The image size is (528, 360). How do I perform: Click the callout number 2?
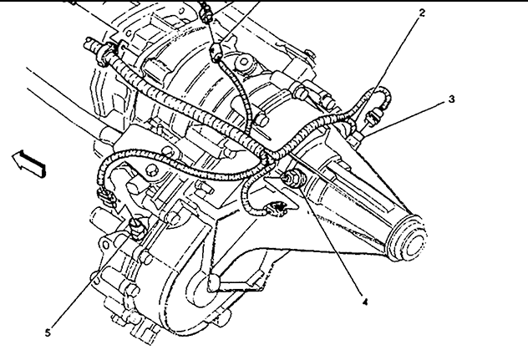(422, 13)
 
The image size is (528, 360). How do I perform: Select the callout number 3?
(451, 99)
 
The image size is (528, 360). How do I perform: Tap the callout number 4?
(365, 302)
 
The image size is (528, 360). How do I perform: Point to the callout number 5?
(48, 332)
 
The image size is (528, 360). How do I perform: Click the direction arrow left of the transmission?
(28, 164)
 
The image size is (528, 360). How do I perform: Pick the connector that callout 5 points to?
(138, 228)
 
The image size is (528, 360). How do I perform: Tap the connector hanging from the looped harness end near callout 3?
(373, 117)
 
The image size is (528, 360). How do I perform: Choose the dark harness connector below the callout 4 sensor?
(277, 208)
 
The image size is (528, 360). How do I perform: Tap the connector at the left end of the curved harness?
(106, 197)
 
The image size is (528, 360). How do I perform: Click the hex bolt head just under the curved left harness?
(152, 170)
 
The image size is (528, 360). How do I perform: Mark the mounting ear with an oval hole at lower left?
(104, 244)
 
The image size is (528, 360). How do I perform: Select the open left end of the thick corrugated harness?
(89, 43)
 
